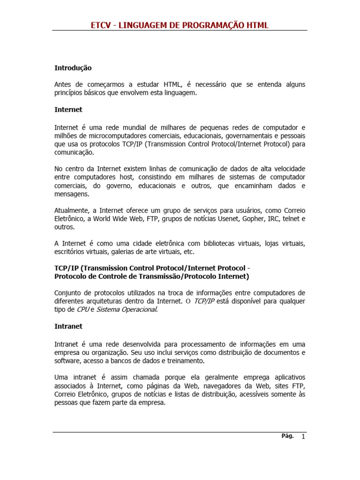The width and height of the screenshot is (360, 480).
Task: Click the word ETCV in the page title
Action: point(101,25)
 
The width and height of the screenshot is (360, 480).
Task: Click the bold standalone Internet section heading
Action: point(68,109)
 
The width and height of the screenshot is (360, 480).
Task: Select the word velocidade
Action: point(286,168)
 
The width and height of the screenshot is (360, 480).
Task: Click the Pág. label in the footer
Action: point(287,436)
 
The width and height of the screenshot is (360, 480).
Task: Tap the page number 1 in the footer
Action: point(303,437)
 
